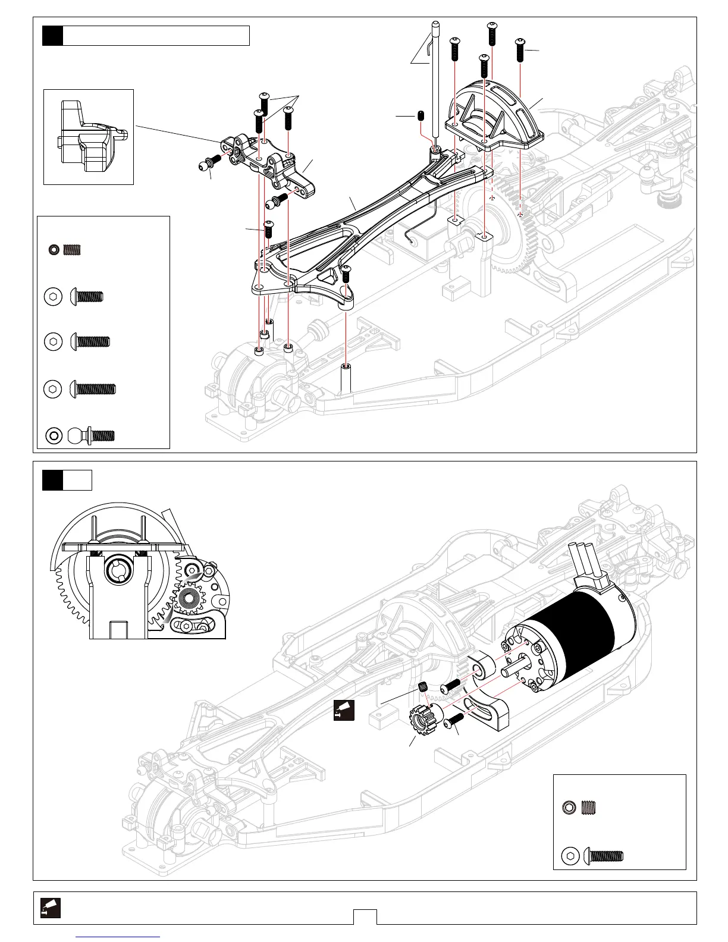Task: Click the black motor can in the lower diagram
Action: (x=571, y=630)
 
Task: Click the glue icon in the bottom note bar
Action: (x=51, y=908)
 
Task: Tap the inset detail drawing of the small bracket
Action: (x=89, y=137)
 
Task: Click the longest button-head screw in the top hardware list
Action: (x=93, y=390)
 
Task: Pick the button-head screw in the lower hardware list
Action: (x=603, y=856)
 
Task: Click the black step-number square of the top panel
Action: (x=52, y=36)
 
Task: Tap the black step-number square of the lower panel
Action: (x=52, y=480)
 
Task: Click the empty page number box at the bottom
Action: (x=365, y=917)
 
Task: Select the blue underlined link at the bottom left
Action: (x=119, y=936)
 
